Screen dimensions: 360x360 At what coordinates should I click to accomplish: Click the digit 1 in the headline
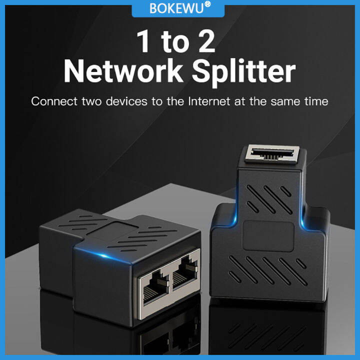(x=143, y=42)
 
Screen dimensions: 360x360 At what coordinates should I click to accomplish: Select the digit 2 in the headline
(x=203, y=42)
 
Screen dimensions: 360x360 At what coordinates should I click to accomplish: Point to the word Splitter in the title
(x=244, y=73)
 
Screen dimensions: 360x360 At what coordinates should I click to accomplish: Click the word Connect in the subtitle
(x=53, y=101)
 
